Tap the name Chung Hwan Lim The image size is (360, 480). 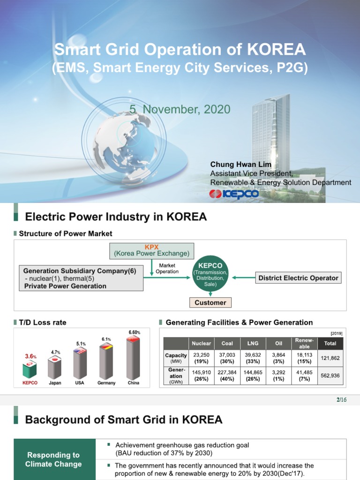(241, 164)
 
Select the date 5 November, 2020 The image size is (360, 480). (180, 110)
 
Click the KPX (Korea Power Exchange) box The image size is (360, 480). (151, 250)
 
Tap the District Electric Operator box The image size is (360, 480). (298, 278)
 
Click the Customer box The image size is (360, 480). (210, 303)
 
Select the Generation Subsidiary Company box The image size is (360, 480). (81, 278)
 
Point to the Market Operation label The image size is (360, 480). (167, 269)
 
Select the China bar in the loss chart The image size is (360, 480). (134, 359)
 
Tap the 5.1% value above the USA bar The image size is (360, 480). (81, 344)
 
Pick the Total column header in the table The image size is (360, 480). (330, 343)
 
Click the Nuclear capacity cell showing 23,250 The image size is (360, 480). (201, 358)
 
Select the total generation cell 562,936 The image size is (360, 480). (330, 375)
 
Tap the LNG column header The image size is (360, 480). (253, 343)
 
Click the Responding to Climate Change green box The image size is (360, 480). (54, 459)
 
